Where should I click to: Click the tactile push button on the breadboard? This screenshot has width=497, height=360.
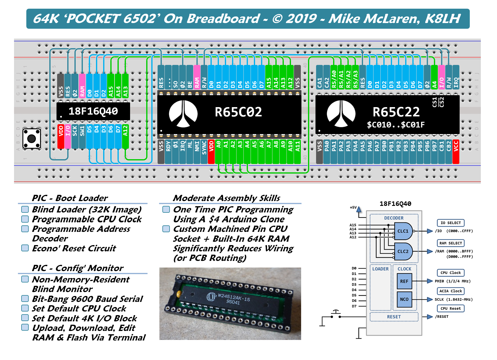click(32, 139)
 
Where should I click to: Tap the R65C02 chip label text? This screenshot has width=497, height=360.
click(238, 112)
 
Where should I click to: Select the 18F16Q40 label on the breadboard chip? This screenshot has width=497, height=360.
click(93, 111)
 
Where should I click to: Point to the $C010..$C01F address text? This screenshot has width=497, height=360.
click(396, 125)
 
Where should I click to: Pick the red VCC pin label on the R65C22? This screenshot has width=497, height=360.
click(456, 152)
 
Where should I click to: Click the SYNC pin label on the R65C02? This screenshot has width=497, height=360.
click(204, 152)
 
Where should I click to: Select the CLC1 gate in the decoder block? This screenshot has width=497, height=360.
click(403, 231)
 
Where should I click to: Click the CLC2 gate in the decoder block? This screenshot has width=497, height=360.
click(403, 251)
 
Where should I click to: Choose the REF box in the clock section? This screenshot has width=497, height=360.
click(404, 281)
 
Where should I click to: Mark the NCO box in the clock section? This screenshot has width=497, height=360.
click(404, 299)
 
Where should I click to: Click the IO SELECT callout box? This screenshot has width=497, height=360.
click(450, 223)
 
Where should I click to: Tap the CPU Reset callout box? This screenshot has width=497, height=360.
click(451, 309)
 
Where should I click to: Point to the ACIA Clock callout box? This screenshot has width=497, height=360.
click(450, 291)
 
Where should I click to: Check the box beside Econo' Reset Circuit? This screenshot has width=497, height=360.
click(25, 248)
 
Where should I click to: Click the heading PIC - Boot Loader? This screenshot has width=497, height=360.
click(70, 198)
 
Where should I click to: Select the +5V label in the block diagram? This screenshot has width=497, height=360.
click(353, 207)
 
